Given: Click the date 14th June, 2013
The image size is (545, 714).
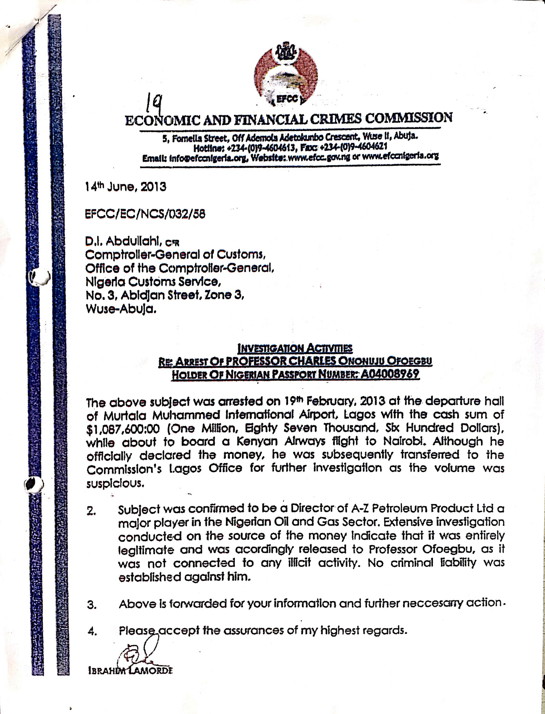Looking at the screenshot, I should [x=126, y=187].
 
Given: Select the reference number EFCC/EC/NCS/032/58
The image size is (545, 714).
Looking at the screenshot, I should [x=145, y=214].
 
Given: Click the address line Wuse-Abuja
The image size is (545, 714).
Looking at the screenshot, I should [x=121, y=309].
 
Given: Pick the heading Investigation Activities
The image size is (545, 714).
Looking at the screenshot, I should [x=295, y=349].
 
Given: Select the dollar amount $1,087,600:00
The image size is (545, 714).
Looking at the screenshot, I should [x=123, y=429].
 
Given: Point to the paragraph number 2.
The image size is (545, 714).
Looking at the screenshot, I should [x=91, y=512].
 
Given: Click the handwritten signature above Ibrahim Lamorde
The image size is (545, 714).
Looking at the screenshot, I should [x=140, y=654].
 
